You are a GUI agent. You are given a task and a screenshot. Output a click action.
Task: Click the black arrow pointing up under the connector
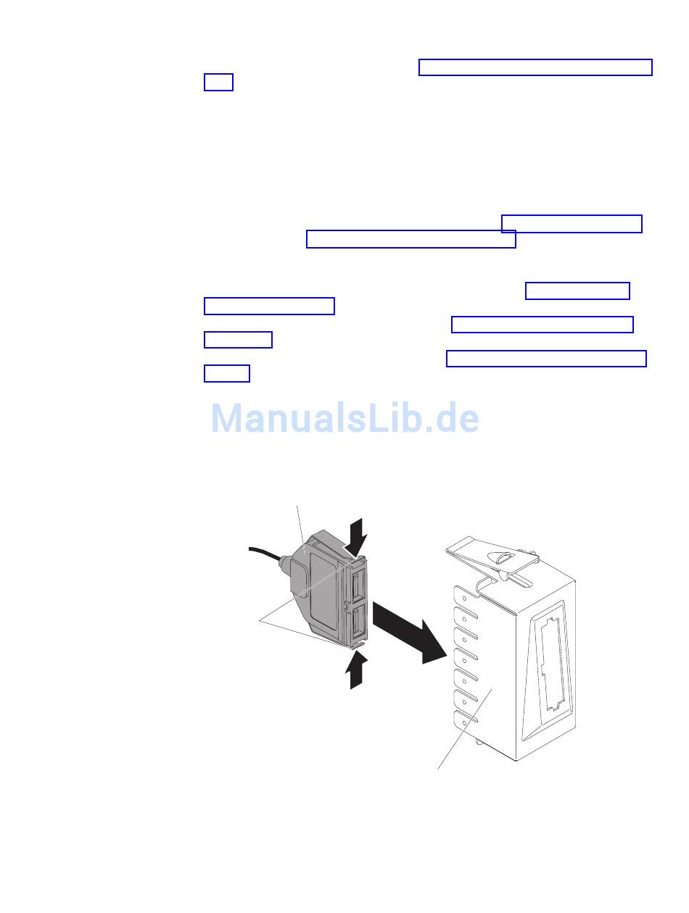click(356, 670)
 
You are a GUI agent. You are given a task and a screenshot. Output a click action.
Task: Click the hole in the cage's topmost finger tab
click(465, 600)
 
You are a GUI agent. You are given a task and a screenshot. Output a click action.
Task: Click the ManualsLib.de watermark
click(344, 418)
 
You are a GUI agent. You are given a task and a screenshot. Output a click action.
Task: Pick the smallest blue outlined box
click(218, 83)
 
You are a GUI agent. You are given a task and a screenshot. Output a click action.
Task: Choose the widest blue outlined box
click(535, 67)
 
